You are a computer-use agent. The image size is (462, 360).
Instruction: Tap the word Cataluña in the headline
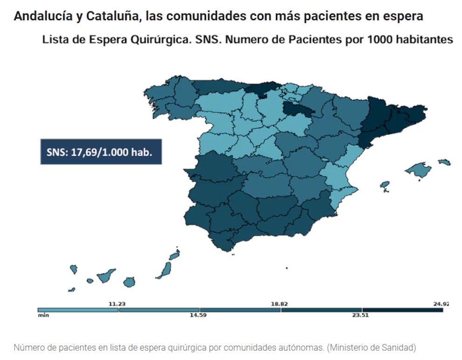(112, 16)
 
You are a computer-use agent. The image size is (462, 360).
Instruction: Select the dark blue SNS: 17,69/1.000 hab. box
(101, 152)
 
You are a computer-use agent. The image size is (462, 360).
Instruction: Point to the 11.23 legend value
(117, 304)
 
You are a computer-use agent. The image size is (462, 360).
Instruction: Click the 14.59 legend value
(198, 315)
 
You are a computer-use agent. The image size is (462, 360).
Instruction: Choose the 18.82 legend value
(279, 304)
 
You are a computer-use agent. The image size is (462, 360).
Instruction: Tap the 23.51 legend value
(360, 315)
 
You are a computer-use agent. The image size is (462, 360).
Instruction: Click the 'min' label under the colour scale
(43, 315)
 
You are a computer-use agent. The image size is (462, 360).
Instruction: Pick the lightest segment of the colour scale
(78, 310)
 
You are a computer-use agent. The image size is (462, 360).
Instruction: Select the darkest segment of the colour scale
(402, 310)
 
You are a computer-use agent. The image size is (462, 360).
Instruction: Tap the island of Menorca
(444, 162)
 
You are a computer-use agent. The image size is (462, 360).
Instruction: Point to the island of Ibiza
(385, 185)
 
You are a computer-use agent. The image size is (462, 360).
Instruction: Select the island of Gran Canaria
(129, 282)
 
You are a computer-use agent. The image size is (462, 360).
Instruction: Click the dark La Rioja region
(297, 109)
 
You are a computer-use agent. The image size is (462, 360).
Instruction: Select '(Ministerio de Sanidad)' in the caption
(371, 347)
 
